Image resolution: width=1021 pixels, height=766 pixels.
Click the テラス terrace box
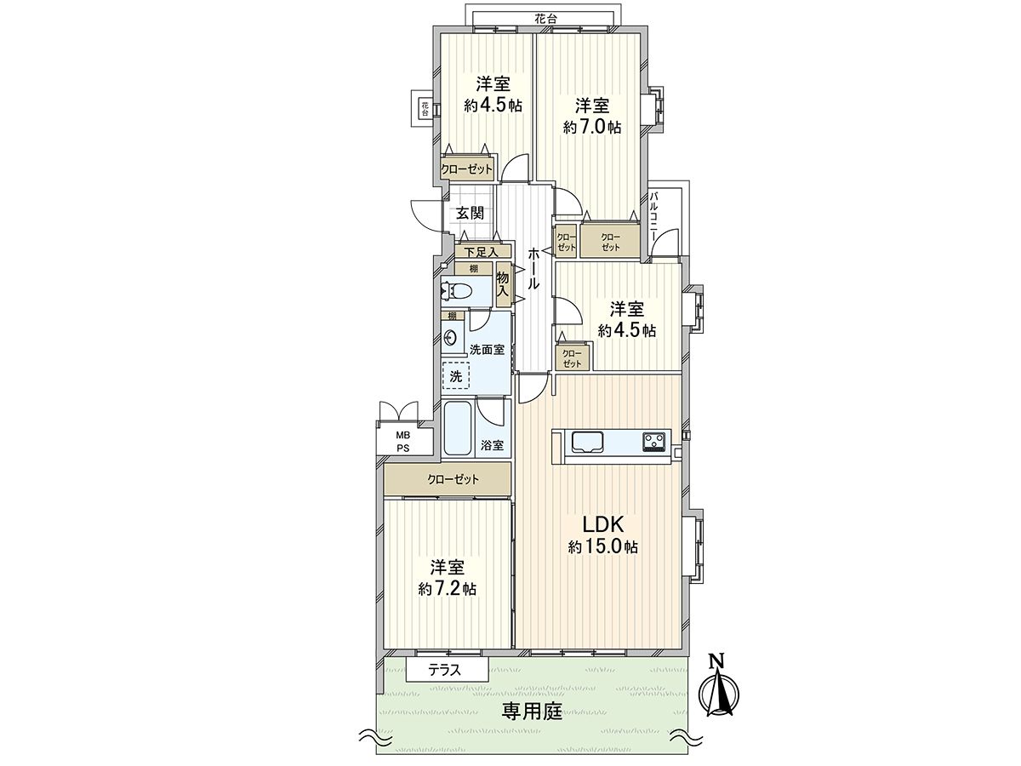click(x=443, y=670)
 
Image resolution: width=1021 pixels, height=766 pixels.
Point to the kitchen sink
click(x=588, y=441)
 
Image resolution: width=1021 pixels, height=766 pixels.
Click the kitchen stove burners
click(x=653, y=441)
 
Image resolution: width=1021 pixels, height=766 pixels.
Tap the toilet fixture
click(x=459, y=291)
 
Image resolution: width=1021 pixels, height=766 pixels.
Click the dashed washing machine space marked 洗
click(x=455, y=375)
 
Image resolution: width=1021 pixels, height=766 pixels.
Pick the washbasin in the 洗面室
click(x=449, y=337)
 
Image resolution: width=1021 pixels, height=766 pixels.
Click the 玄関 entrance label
click(x=469, y=213)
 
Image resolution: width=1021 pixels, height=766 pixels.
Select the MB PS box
click(x=402, y=440)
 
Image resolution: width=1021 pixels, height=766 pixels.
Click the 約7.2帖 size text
click(x=447, y=588)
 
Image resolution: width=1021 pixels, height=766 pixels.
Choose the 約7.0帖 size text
click(x=591, y=127)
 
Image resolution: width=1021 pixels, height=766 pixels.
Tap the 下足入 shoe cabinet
click(x=482, y=251)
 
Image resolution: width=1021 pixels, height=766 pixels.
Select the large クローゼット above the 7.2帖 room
click(x=448, y=479)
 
